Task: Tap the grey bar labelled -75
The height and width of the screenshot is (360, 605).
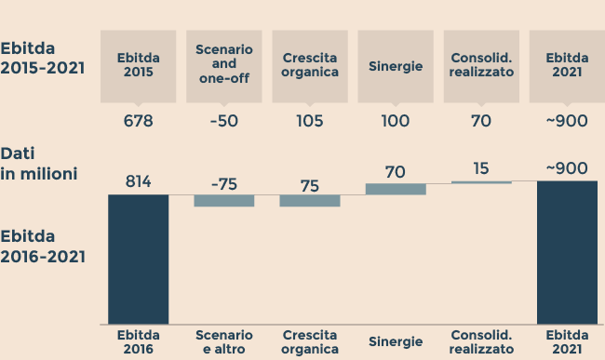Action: pyautogui.click(x=223, y=201)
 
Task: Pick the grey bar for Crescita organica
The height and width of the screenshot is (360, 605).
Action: pyautogui.click(x=310, y=201)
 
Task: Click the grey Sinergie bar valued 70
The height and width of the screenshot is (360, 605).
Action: pyautogui.click(x=396, y=189)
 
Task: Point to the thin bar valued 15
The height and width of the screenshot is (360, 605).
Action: pyautogui.click(x=481, y=182)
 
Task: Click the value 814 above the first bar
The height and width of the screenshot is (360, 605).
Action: pyautogui.click(x=138, y=182)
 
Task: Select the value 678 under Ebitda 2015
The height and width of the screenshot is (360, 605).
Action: pyautogui.click(x=138, y=121)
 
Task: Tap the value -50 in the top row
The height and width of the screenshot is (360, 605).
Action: pyautogui.click(x=223, y=121)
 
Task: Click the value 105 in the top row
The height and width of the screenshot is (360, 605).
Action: pyautogui.click(x=310, y=121)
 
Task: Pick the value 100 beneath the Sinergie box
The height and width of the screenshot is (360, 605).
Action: pyautogui.click(x=396, y=121)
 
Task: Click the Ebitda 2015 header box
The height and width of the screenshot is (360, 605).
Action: pyautogui.click(x=138, y=65)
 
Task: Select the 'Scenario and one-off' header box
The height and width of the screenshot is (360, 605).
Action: pyautogui.click(x=223, y=65)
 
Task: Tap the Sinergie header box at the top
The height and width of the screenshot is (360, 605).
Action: pyautogui.click(x=396, y=65)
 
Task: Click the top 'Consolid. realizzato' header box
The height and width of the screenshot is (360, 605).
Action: pyautogui.click(x=481, y=65)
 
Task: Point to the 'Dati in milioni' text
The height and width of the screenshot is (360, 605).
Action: pyautogui.click(x=38, y=163)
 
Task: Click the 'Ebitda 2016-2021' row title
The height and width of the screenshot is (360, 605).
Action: pyautogui.click(x=43, y=246)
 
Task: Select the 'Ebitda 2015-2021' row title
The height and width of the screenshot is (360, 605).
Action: pyautogui.click(x=43, y=57)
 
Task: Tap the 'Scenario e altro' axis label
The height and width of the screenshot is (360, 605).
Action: pyautogui.click(x=223, y=341)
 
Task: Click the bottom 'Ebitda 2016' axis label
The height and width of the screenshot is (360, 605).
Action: pyautogui.click(x=138, y=341)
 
